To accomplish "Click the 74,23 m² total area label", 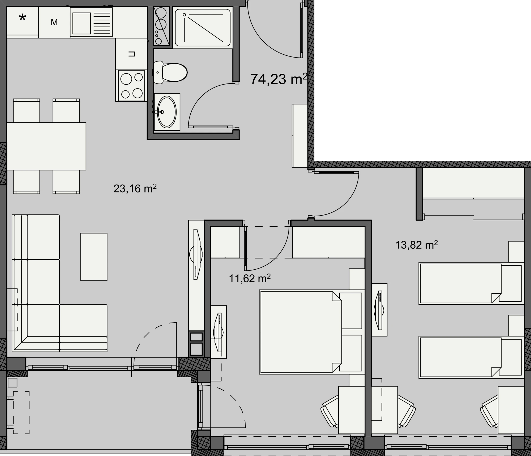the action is (x=279, y=79).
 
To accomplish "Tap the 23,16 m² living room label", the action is (x=135, y=188).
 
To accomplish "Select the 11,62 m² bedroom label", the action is (x=250, y=278).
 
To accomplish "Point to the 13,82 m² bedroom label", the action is (x=416, y=245).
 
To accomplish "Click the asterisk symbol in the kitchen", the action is (x=23, y=18).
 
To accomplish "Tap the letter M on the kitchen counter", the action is (x=54, y=22).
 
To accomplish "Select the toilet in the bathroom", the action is (x=170, y=72).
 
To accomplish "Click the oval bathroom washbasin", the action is (x=167, y=112).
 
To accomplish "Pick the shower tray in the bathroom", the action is (x=203, y=27).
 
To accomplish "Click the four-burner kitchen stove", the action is (x=132, y=85).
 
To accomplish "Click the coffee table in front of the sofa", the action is (x=94, y=257).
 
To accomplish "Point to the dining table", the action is (x=46, y=146).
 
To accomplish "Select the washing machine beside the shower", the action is (x=162, y=26).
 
